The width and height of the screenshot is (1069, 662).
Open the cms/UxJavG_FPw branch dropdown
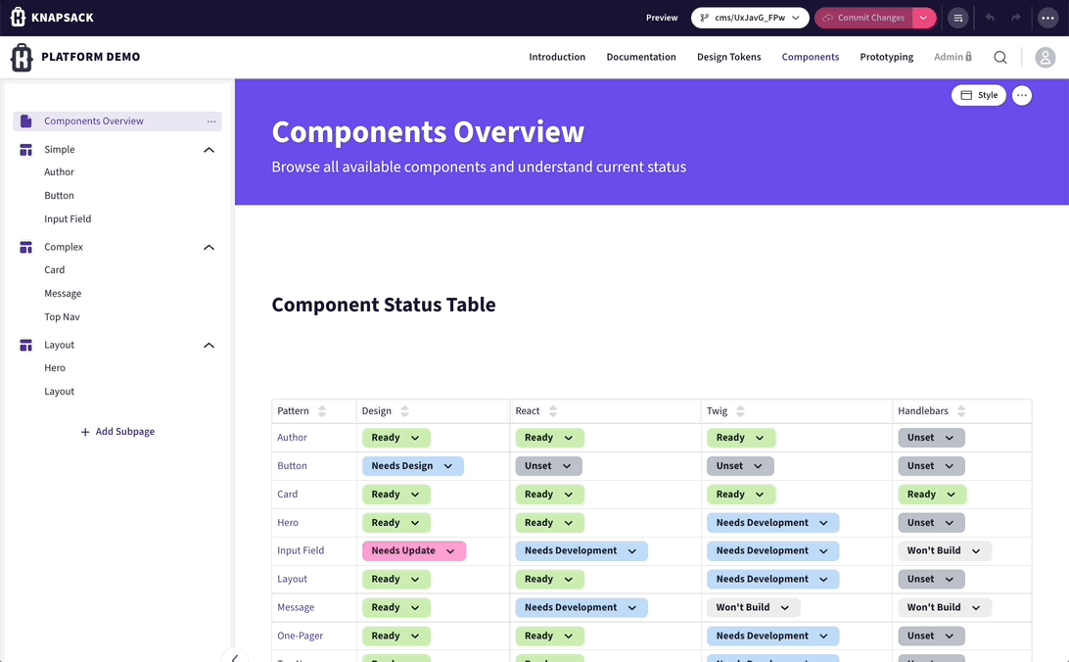coord(750,18)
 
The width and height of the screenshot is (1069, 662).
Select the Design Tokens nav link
coord(728,57)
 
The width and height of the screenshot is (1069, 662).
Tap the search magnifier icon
coord(1000,58)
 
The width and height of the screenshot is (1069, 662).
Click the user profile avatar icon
coord(1046,58)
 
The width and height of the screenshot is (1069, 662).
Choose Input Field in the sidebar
coord(68,219)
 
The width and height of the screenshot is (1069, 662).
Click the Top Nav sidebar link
coord(62,317)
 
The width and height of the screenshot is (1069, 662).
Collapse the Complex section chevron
coord(209,248)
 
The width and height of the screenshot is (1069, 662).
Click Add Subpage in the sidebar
coord(117,432)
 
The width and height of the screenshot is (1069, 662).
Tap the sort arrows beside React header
coord(553,411)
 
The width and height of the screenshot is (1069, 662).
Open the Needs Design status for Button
coord(412,466)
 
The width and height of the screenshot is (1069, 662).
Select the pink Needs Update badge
coord(413,551)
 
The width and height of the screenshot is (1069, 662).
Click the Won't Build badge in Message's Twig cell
coord(753,607)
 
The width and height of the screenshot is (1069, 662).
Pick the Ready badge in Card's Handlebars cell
coord(931,495)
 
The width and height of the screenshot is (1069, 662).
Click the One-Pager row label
coord(300,636)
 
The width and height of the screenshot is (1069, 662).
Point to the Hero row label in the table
coord(288,523)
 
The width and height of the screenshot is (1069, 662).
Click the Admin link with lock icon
coord(953,57)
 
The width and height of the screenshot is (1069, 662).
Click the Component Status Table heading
coord(384,305)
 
